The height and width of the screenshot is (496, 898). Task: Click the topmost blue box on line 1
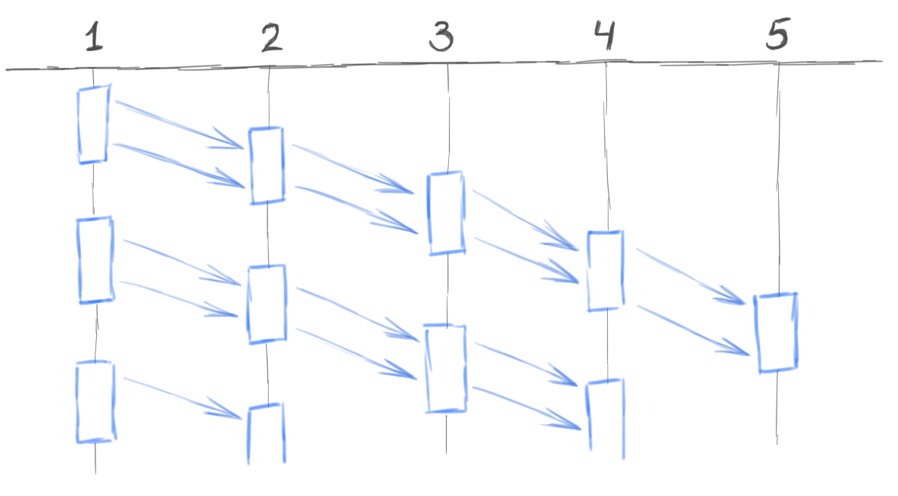92,125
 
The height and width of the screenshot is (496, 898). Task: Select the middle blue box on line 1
95,259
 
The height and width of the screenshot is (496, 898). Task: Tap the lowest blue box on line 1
95,402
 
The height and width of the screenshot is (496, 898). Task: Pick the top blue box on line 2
267,166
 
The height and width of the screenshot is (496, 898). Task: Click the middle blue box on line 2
266,303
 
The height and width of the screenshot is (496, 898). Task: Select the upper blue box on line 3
445,213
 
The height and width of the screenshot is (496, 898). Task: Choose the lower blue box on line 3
445,369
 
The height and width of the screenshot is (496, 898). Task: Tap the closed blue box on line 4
606,271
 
